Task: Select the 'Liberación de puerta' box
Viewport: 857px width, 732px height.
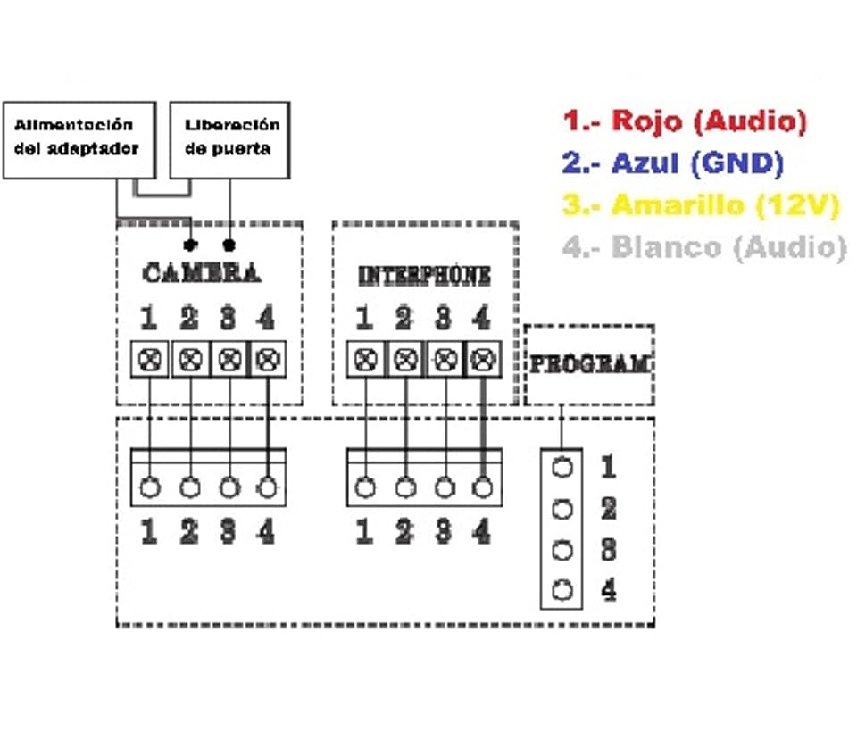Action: [231, 138]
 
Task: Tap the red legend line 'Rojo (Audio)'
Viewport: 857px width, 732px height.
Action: [685, 121]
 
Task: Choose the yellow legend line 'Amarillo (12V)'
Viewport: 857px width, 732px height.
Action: [700, 205]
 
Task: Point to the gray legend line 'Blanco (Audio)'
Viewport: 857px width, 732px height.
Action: [703, 247]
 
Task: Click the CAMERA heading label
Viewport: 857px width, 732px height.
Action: [202, 273]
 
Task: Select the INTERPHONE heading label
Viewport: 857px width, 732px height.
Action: [424, 276]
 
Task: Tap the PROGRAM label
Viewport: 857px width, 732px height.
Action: [589, 364]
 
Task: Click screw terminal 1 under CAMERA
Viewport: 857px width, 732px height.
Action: [149, 361]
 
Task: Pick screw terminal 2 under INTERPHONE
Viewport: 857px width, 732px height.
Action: [405, 361]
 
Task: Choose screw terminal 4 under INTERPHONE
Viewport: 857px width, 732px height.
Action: [483, 361]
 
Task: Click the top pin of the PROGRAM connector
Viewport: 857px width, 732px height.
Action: [562, 467]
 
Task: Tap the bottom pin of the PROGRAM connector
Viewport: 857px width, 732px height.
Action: [562, 590]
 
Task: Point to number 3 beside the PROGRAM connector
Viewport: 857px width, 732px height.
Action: [608, 549]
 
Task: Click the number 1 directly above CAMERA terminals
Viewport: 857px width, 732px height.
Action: [149, 318]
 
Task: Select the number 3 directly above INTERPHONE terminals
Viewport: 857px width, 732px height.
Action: [443, 318]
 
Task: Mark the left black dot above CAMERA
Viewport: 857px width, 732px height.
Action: [188, 244]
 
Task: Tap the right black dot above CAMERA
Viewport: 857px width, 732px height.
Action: [230, 244]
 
